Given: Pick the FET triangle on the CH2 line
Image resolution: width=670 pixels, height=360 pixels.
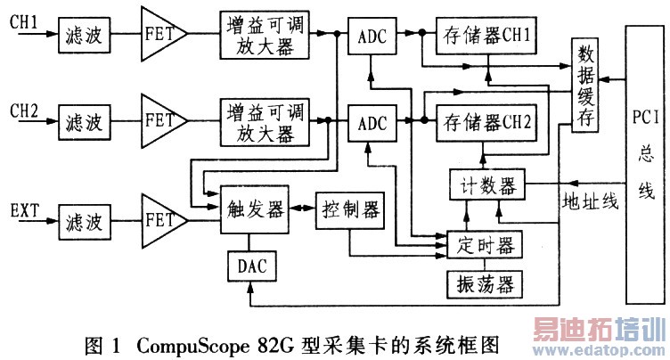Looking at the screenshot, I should (x=163, y=122).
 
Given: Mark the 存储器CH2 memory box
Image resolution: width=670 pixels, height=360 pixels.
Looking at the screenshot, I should (x=486, y=122).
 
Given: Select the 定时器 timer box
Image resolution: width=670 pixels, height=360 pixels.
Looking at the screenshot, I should (x=483, y=243).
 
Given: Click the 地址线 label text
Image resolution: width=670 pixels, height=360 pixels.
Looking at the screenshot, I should (x=589, y=202).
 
